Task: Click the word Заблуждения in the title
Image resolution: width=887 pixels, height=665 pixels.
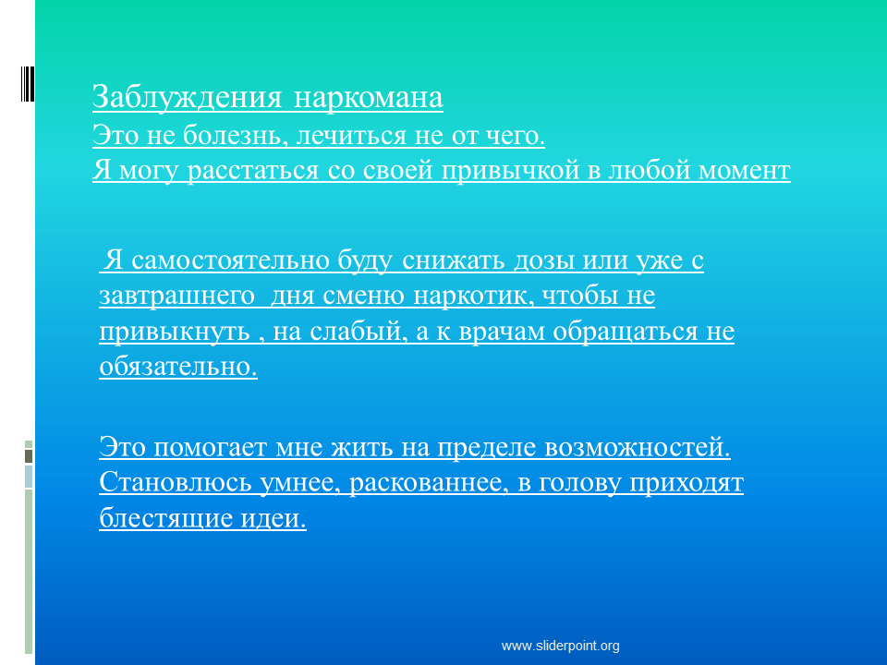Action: click(187, 97)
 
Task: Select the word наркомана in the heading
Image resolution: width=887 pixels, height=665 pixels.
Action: click(369, 97)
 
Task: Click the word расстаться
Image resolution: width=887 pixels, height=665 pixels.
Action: click(253, 171)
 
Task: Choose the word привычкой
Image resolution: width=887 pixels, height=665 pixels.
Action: click(511, 171)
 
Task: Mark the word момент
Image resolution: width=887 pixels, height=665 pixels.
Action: click(745, 171)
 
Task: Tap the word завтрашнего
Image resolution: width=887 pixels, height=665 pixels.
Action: click(176, 296)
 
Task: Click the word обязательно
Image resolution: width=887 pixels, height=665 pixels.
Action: click(178, 367)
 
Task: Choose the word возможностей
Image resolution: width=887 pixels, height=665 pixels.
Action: click(638, 447)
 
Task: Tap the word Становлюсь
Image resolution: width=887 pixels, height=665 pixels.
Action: click(175, 483)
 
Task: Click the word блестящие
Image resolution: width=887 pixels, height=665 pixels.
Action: click(165, 518)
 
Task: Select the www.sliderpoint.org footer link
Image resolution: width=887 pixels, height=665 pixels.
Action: click(561, 646)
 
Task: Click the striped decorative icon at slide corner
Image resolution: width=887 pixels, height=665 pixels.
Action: click(28, 84)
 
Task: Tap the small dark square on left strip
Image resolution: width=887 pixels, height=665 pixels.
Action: click(29, 456)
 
